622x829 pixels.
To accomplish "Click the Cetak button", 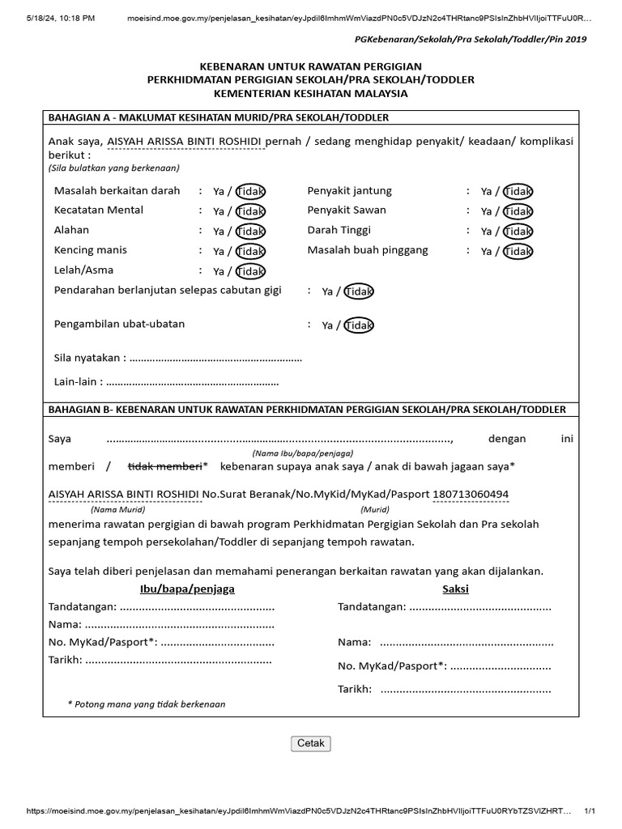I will point(311,743).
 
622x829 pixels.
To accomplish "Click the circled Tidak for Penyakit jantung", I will point(518,192).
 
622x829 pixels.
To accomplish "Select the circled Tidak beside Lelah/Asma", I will point(250,271).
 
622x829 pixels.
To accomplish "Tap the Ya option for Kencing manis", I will point(219,252).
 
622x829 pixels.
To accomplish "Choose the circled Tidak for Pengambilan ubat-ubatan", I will point(359,325).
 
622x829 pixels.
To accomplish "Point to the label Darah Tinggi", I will point(339,230).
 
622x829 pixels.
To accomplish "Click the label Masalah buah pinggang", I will point(368,250).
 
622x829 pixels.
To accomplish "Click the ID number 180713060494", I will point(471,495).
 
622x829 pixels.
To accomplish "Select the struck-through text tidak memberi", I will point(165,466).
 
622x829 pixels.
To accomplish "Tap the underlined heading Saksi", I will point(455,589).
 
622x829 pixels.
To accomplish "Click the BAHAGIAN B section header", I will point(307,410).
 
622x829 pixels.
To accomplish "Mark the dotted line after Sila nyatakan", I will point(216,358).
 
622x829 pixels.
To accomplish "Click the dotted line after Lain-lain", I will point(193,382).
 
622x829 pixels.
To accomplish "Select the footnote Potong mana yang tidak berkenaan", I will point(147,704).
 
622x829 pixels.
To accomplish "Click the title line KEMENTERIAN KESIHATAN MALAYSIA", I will point(311,94).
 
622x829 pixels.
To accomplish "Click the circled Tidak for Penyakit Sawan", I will point(518,211).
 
